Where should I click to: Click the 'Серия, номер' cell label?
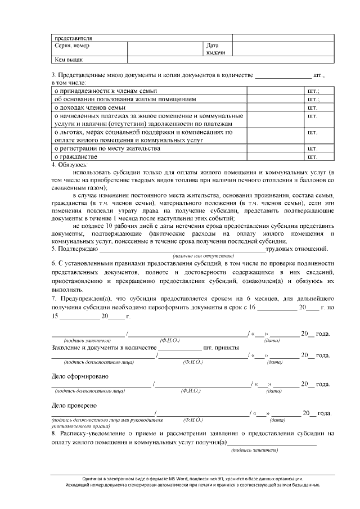pyautogui.click(x=71, y=46)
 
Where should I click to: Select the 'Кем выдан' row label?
pyautogui.click(x=68, y=59)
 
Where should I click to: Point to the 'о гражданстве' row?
pyautogui.click(x=75, y=157)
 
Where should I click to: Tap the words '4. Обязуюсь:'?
pyautogui.click(x=70, y=165)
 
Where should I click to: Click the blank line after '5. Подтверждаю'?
pyautogui.click(x=182, y=249)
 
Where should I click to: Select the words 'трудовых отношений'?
pyautogui.click(x=296, y=249)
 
